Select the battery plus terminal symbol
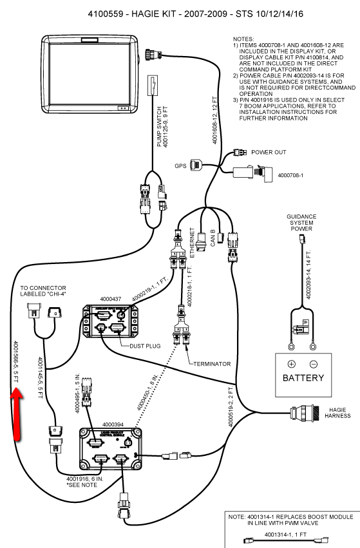click(291, 363)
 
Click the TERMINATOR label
click(212, 364)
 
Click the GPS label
click(181, 165)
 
